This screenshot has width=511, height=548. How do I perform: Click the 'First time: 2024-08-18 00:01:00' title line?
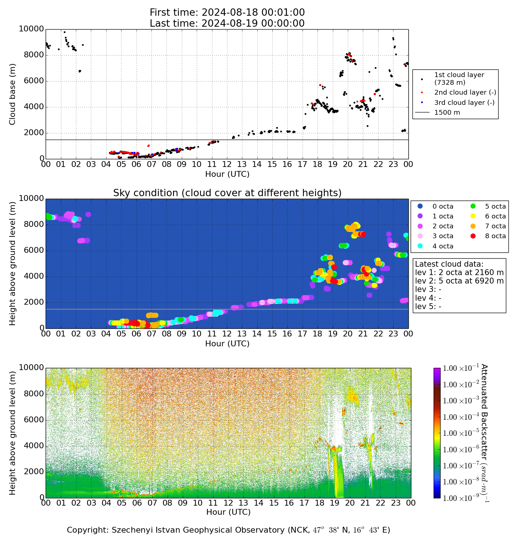click(227, 13)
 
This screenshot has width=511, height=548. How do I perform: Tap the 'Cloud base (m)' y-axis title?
click(13, 94)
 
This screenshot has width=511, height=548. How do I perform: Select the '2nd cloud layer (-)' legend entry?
click(465, 93)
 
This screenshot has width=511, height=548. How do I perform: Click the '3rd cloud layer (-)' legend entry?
click(464, 103)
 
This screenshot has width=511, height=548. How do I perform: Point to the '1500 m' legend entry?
click(447, 113)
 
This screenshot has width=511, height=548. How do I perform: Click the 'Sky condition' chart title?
click(227, 193)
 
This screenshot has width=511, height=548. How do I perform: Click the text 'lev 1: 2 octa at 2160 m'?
click(459, 273)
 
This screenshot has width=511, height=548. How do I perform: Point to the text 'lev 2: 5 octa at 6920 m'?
click(459, 281)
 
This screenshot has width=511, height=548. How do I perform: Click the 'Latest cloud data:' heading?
click(449, 264)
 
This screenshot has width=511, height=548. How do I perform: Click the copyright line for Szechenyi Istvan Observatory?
click(228, 530)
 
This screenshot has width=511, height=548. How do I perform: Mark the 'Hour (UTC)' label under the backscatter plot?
click(228, 512)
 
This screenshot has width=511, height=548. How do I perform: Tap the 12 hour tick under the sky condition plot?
click(227, 334)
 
